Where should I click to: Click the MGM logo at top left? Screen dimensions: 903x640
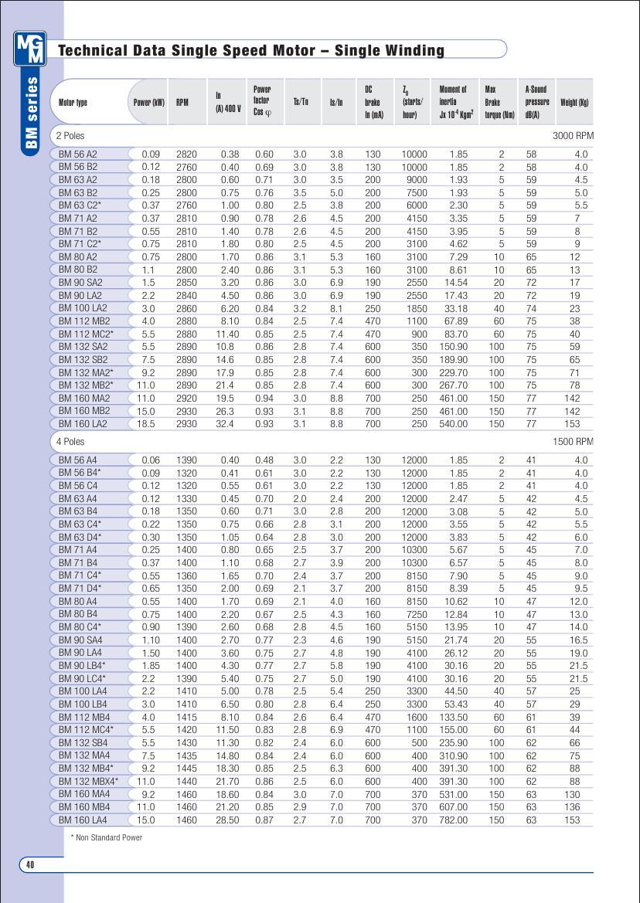pyautogui.click(x=30, y=49)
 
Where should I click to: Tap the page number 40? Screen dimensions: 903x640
pyautogui.click(x=30, y=864)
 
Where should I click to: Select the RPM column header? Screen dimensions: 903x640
pyautogui.click(x=182, y=102)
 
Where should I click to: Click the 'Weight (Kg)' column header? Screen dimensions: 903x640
pyautogui.click(x=574, y=102)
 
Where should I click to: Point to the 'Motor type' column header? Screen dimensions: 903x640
pyautogui.click(x=73, y=102)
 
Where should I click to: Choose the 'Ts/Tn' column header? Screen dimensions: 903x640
pyautogui.click(x=301, y=102)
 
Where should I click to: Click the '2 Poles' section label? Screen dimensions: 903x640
pyautogui.click(x=70, y=136)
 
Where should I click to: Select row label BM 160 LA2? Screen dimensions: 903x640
pyautogui.click(x=83, y=424)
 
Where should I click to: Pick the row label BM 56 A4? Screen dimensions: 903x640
pyautogui.click(x=78, y=460)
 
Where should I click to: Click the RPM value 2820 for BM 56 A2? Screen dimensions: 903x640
pyautogui.click(x=186, y=154)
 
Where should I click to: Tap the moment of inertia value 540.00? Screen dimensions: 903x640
pyautogui.click(x=453, y=424)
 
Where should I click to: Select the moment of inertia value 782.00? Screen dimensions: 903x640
pyautogui.click(x=453, y=820)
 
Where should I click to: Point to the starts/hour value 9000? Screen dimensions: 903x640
pyautogui.click(x=414, y=180)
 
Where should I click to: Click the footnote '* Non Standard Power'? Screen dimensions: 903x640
pyautogui.click(x=107, y=837)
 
